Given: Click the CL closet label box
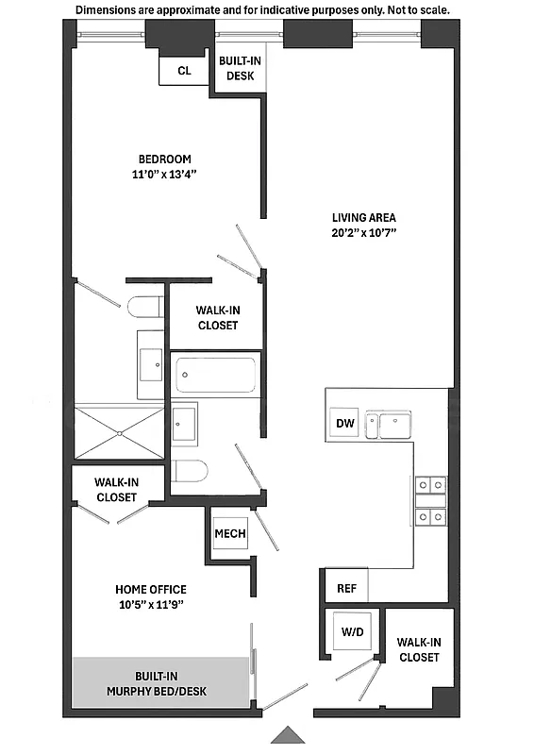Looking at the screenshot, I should coord(184,71).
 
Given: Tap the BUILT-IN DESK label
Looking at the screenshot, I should coord(240,69).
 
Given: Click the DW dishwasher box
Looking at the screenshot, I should coord(344,424).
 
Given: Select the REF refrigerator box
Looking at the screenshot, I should coord(346,588).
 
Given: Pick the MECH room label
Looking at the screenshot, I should coord(230,534).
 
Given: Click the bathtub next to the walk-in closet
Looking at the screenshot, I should coord(215,375).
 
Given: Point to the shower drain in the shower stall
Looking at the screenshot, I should coord(120,433).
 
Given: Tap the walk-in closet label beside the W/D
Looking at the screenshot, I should coord(419,649).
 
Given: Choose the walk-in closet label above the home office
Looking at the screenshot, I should coord(115,489).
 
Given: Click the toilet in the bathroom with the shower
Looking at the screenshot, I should coord(145,309).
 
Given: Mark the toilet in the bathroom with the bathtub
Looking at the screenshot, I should coord(192,471).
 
